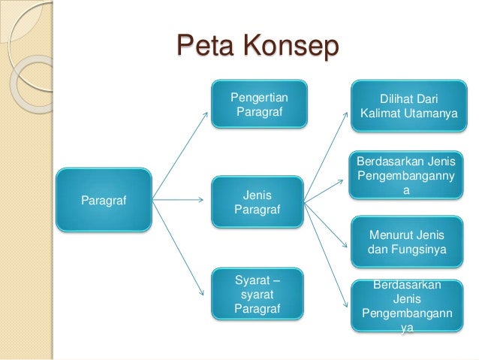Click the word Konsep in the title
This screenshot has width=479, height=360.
(291, 49)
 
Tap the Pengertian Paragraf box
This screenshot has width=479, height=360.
(259, 106)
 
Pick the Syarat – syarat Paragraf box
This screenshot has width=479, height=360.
(258, 295)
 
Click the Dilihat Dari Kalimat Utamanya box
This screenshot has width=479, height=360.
(409, 107)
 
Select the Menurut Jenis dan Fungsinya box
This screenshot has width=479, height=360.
(408, 241)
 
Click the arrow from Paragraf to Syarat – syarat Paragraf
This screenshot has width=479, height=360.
(180, 247)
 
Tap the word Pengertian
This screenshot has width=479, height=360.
(259, 98)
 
